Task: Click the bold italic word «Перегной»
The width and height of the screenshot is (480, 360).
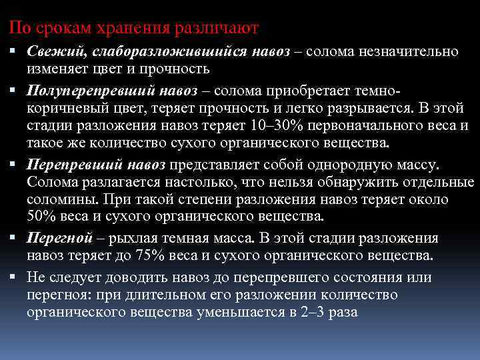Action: click(x=55, y=239)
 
